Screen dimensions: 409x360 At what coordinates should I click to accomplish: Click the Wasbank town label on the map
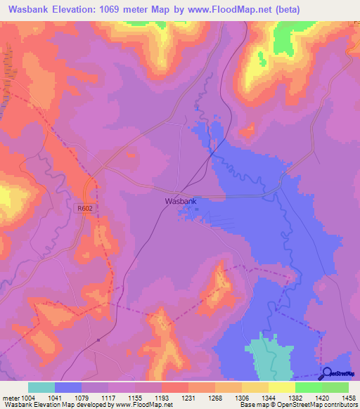click(180, 201)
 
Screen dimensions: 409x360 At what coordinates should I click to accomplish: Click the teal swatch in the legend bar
click(41, 387)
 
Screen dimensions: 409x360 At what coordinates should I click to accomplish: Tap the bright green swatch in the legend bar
click(308, 387)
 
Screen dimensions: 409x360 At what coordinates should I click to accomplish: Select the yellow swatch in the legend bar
click(281, 387)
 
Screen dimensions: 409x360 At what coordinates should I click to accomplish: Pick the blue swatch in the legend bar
click(68, 387)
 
